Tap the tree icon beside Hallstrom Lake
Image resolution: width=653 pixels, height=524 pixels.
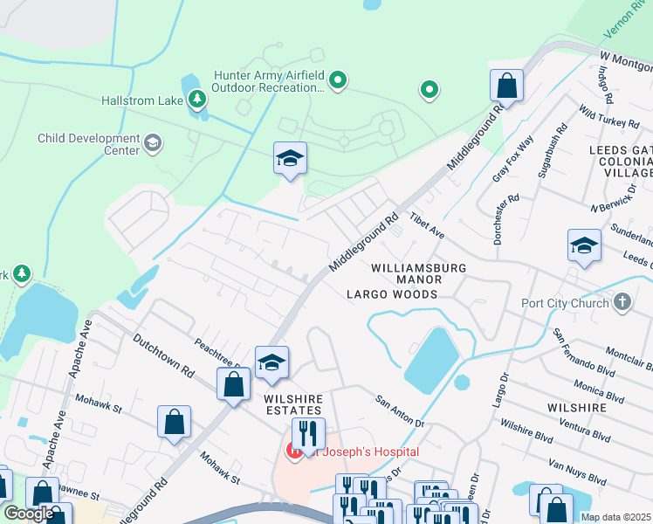(198, 98)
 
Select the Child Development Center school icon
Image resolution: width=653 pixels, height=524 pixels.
(153, 143)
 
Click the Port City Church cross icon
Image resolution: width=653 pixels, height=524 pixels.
(622, 303)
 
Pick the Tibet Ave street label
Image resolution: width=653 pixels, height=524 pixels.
(428, 228)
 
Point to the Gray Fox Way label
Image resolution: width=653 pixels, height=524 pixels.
(512, 158)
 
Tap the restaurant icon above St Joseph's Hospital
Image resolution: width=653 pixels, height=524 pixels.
(308, 432)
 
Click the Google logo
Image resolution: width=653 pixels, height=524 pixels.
(29, 514)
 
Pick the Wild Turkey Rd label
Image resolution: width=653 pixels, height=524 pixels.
(608, 119)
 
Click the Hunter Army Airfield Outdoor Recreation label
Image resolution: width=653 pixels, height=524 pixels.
(269, 82)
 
